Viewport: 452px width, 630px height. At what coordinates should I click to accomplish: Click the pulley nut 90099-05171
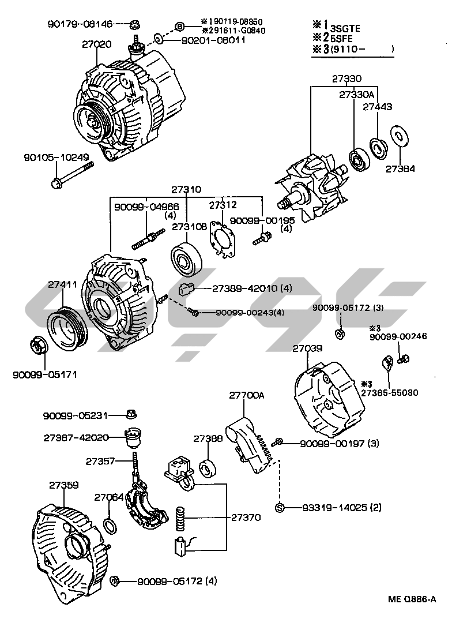coord(38,347)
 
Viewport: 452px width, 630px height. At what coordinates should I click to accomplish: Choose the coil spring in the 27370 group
coord(180,516)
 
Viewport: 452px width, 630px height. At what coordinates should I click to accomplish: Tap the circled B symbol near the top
coord(179,27)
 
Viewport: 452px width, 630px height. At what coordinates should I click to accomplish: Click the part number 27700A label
coord(246,395)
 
